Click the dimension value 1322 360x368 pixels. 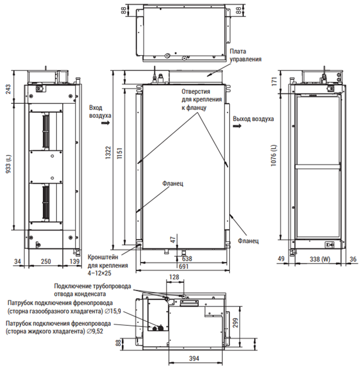point(108,153)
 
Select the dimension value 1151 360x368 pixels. point(120,153)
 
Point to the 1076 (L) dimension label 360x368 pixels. point(274,156)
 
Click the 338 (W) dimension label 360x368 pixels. point(320,259)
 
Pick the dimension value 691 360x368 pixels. point(184,266)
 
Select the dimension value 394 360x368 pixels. point(194,359)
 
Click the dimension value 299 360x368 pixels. point(236,323)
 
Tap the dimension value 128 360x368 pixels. point(174,277)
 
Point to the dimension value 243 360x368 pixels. point(8,89)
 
